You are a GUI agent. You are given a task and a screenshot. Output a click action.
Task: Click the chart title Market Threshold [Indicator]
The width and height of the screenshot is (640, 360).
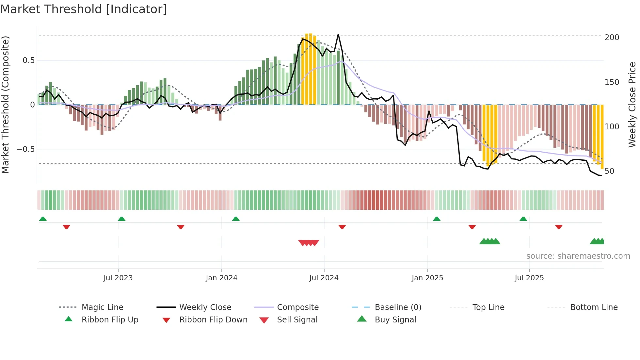coord(84,9)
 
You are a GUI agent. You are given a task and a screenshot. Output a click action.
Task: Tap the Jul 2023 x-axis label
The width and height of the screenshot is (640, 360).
coord(118,278)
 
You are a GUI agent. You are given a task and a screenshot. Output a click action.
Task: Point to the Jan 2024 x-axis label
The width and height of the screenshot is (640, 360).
coord(221,278)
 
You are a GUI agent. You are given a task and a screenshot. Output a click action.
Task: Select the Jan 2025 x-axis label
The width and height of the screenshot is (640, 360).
coord(427,278)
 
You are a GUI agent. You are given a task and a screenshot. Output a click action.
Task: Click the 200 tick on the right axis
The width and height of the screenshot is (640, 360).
coord(612,38)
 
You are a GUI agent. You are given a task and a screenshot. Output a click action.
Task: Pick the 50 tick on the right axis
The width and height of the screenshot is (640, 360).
coord(609,171)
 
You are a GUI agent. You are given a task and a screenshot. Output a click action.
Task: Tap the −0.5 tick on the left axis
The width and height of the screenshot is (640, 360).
coord(25,149)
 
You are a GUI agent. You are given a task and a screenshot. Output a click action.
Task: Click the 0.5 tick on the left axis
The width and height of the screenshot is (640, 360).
coord(28,60)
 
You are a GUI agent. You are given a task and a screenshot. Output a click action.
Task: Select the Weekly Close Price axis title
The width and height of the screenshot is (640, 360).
coord(632,105)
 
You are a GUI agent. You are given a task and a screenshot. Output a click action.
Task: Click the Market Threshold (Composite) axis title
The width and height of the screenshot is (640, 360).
coord(5,105)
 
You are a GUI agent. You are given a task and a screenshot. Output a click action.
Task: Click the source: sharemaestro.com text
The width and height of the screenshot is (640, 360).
coord(578,256)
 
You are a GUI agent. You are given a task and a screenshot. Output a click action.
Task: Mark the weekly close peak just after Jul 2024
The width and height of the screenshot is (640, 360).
coord(338,34)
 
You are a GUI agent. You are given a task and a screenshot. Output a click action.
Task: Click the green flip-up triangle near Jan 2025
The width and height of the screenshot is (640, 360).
coord(437,219)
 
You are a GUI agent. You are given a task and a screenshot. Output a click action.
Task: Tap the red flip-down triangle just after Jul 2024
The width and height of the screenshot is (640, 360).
coord(342,227)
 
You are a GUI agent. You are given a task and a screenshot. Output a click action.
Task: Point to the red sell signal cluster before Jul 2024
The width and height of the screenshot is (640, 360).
coord(309,243)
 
